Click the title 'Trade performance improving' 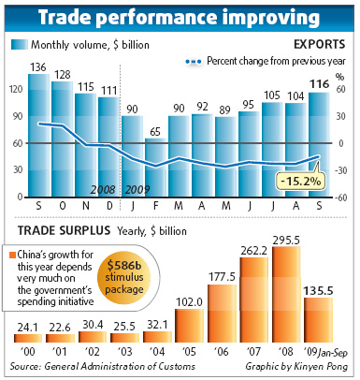(180, 18)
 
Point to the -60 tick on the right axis (340, 198)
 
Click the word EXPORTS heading (318, 44)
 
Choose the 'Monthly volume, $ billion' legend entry (82, 44)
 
